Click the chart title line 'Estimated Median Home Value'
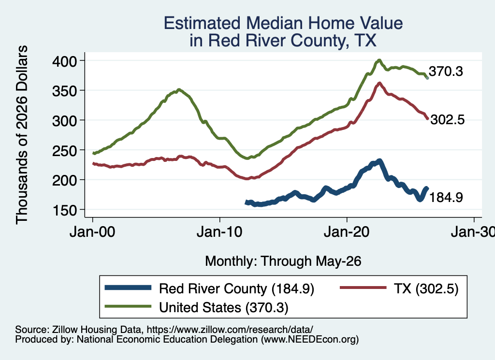tap(283, 23)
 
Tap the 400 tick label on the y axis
tap(64, 61)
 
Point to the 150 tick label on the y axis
tap(64, 210)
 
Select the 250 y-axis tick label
tap(64, 150)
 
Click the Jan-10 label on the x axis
tap(219, 232)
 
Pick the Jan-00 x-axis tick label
tap(92, 232)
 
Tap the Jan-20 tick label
tap(347, 232)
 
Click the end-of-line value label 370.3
tap(446, 72)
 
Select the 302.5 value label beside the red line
tap(448, 119)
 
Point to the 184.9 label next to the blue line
tap(446, 197)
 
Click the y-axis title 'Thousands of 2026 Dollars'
tap(22, 135)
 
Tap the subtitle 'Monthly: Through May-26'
tap(283, 261)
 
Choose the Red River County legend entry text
tap(236, 288)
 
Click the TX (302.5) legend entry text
tap(426, 288)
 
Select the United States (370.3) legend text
tap(223, 307)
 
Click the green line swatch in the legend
tap(128, 306)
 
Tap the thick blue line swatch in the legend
tap(128, 288)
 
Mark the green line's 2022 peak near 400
tap(379, 60)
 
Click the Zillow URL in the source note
tap(230, 330)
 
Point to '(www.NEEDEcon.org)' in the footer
tap(310, 339)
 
